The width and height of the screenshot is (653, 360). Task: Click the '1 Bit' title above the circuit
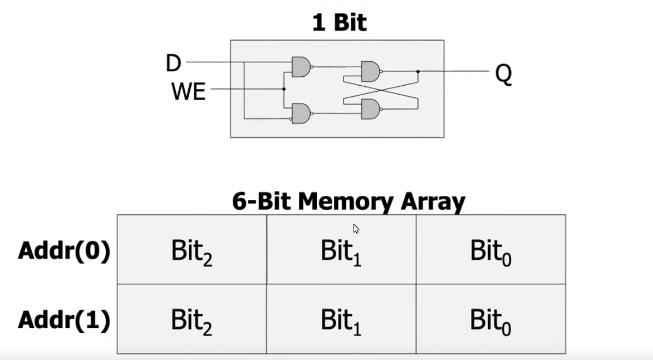tap(339, 23)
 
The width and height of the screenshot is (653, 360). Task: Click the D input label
tap(174, 63)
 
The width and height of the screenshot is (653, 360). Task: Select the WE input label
tap(188, 91)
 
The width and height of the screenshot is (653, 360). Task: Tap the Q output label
tap(503, 74)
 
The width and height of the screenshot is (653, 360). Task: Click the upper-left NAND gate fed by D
tap(301, 67)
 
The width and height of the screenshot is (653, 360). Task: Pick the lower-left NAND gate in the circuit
tap(301, 114)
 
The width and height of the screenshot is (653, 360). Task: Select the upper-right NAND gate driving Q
tap(370, 71)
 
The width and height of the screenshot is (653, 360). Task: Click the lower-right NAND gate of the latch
tap(370, 109)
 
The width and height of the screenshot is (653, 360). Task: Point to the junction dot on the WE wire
tap(284, 89)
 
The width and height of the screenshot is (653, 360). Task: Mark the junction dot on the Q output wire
tap(418, 71)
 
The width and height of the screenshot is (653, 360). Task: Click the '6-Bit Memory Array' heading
tap(348, 201)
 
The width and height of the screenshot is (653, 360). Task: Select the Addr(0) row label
tap(64, 251)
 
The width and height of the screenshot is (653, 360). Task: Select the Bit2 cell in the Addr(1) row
tap(192, 319)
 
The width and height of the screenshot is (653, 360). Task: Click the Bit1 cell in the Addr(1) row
tap(341, 319)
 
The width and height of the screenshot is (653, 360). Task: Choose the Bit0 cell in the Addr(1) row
tap(490, 319)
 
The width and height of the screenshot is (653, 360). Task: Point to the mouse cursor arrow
tap(356, 229)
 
